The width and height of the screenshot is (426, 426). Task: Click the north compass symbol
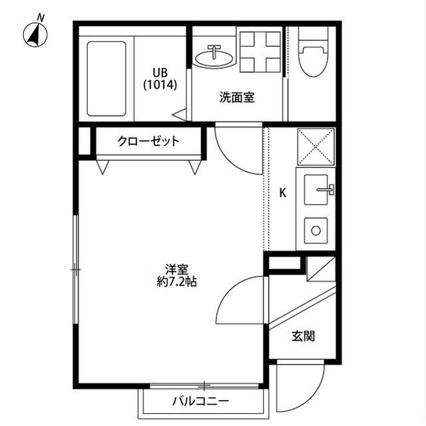[34, 33]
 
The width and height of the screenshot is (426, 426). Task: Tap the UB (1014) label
[160, 79]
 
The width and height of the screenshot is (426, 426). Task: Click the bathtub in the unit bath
[106, 78]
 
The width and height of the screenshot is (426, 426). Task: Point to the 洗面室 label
[237, 97]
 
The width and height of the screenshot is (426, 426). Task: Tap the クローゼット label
[148, 141]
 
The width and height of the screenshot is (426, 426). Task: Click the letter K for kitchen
[282, 193]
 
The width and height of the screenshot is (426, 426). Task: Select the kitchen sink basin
[318, 190]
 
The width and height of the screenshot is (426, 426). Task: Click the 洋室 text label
[176, 269]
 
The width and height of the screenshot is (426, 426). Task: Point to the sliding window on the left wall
[75, 269]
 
